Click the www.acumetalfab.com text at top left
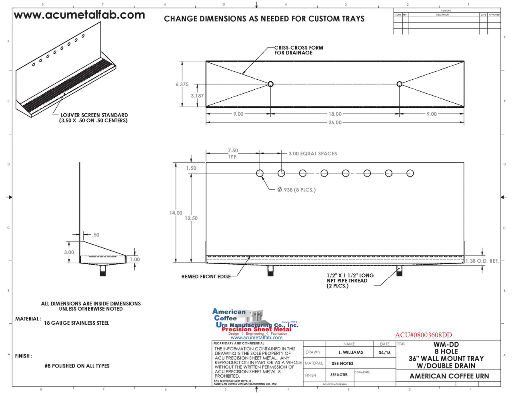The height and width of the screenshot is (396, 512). pyautogui.click(x=79, y=15)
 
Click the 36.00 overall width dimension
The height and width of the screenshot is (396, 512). pyautogui.click(x=335, y=123)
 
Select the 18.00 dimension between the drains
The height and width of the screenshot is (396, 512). pyautogui.click(x=335, y=114)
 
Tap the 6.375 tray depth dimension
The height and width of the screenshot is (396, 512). pyautogui.click(x=182, y=84)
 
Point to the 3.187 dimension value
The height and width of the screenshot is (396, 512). pyautogui.click(x=197, y=96)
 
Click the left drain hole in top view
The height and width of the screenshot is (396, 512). pyautogui.click(x=270, y=84)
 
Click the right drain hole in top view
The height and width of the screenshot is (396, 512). pyautogui.click(x=399, y=84)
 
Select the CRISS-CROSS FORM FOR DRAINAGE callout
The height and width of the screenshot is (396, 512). pyautogui.click(x=298, y=50)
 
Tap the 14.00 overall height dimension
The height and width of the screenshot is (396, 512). pyautogui.click(x=176, y=213)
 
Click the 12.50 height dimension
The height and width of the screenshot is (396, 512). pyautogui.click(x=191, y=218)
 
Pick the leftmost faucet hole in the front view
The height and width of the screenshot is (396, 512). pyautogui.click(x=260, y=173)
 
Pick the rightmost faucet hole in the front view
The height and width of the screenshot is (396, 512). pyautogui.click(x=410, y=173)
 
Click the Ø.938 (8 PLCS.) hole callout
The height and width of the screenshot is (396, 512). pyautogui.click(x=296, y=190)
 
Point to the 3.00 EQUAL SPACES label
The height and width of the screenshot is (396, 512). pyautogui.click(x=313, y=154)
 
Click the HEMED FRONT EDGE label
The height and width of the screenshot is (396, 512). pyautogui.click(x=206, y=277)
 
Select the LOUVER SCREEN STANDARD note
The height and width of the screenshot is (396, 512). pyautogui.click(x=94, y=118)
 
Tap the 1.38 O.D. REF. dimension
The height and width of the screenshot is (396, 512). pyautogui.click(x=482, y=261)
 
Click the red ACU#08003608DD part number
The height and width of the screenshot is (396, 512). pyautogui.click(x=423, y=335)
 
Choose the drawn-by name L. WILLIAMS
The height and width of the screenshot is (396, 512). pyautogui.click(x=351, y=352)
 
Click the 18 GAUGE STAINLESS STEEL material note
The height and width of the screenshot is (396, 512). pyautogui.click(x=76, y=323)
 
